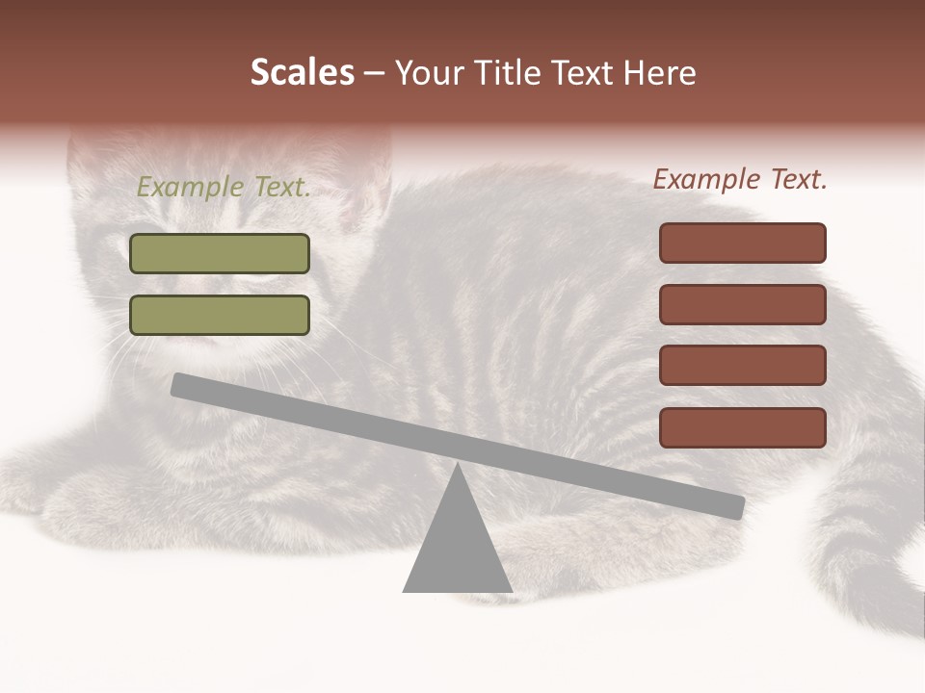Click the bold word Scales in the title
[x=302, y=72]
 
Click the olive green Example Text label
[x=224, y=188]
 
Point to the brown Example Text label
[x=740, y=179]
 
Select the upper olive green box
[x=220, y=254]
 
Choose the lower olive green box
[x=220, y=316]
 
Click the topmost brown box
[x=743, y=243]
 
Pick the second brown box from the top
[x=743, y=304]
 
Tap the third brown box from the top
[x=743, y=366]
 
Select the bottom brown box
[x=743, y=427]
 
